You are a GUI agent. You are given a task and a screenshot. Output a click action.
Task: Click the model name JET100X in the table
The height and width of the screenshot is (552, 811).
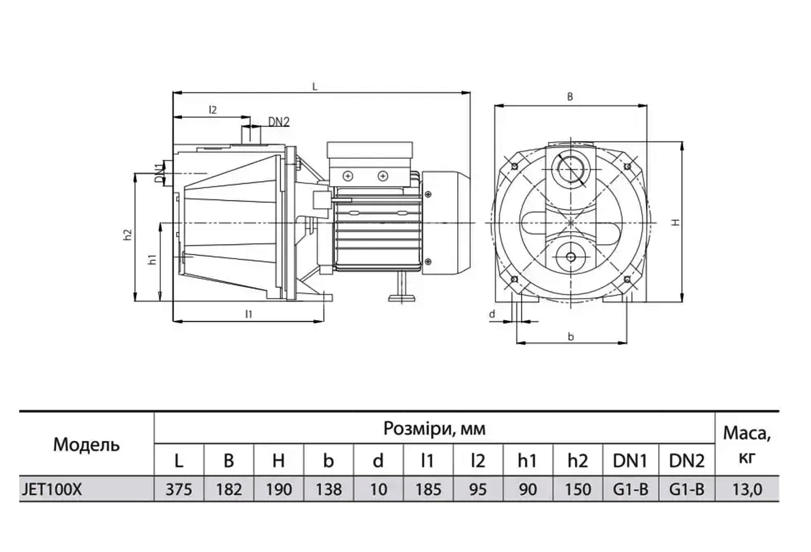click(52, 489)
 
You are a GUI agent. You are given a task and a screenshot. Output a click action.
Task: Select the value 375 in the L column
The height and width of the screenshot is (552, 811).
click(179, 489)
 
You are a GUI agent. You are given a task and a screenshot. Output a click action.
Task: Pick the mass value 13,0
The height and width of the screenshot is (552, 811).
click(747, 489)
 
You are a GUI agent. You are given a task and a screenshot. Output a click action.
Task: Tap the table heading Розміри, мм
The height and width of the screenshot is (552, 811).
click(434, 428)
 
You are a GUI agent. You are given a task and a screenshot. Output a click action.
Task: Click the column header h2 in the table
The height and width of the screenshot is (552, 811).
click(577, 460)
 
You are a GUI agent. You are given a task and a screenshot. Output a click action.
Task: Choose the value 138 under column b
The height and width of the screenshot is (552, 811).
click(329, 489)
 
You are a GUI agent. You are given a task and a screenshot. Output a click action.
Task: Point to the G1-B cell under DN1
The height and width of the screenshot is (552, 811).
click(630, 489)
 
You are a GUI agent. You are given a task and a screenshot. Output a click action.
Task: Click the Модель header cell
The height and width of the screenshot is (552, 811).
click(86, 444)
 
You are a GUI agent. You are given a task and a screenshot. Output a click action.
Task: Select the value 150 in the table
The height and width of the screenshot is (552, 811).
click(577, 489)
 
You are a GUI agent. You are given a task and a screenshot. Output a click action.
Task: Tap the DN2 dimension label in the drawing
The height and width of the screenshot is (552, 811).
click(279, 122)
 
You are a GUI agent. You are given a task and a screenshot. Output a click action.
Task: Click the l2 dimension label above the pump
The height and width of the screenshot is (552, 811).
click(213, 110)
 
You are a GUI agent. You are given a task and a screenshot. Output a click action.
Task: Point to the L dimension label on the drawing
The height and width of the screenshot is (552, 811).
click(315, 87)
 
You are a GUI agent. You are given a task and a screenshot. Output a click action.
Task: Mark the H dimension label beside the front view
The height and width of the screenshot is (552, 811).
click(676, 222)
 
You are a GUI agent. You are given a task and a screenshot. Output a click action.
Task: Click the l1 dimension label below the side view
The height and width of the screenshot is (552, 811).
click(249, 314)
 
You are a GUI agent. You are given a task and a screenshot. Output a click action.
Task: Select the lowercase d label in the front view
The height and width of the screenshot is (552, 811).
click(492, 314)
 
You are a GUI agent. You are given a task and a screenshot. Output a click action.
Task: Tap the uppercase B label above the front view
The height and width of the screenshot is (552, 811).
click(570, 97)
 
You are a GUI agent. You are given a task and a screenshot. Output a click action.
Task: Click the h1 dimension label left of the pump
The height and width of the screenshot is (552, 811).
click(153, 259)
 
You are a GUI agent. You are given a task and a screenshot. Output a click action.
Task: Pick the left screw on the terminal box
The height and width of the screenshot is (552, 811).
click(348, 176)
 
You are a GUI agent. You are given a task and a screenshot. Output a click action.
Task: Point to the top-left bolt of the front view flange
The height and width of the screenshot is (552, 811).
click(514, 166)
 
